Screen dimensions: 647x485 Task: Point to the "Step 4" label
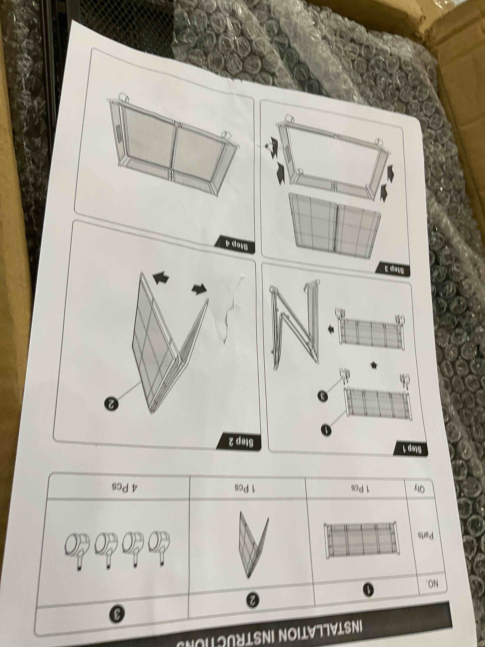tap(234, 243)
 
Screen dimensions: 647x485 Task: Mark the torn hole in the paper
tap(228, 310)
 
